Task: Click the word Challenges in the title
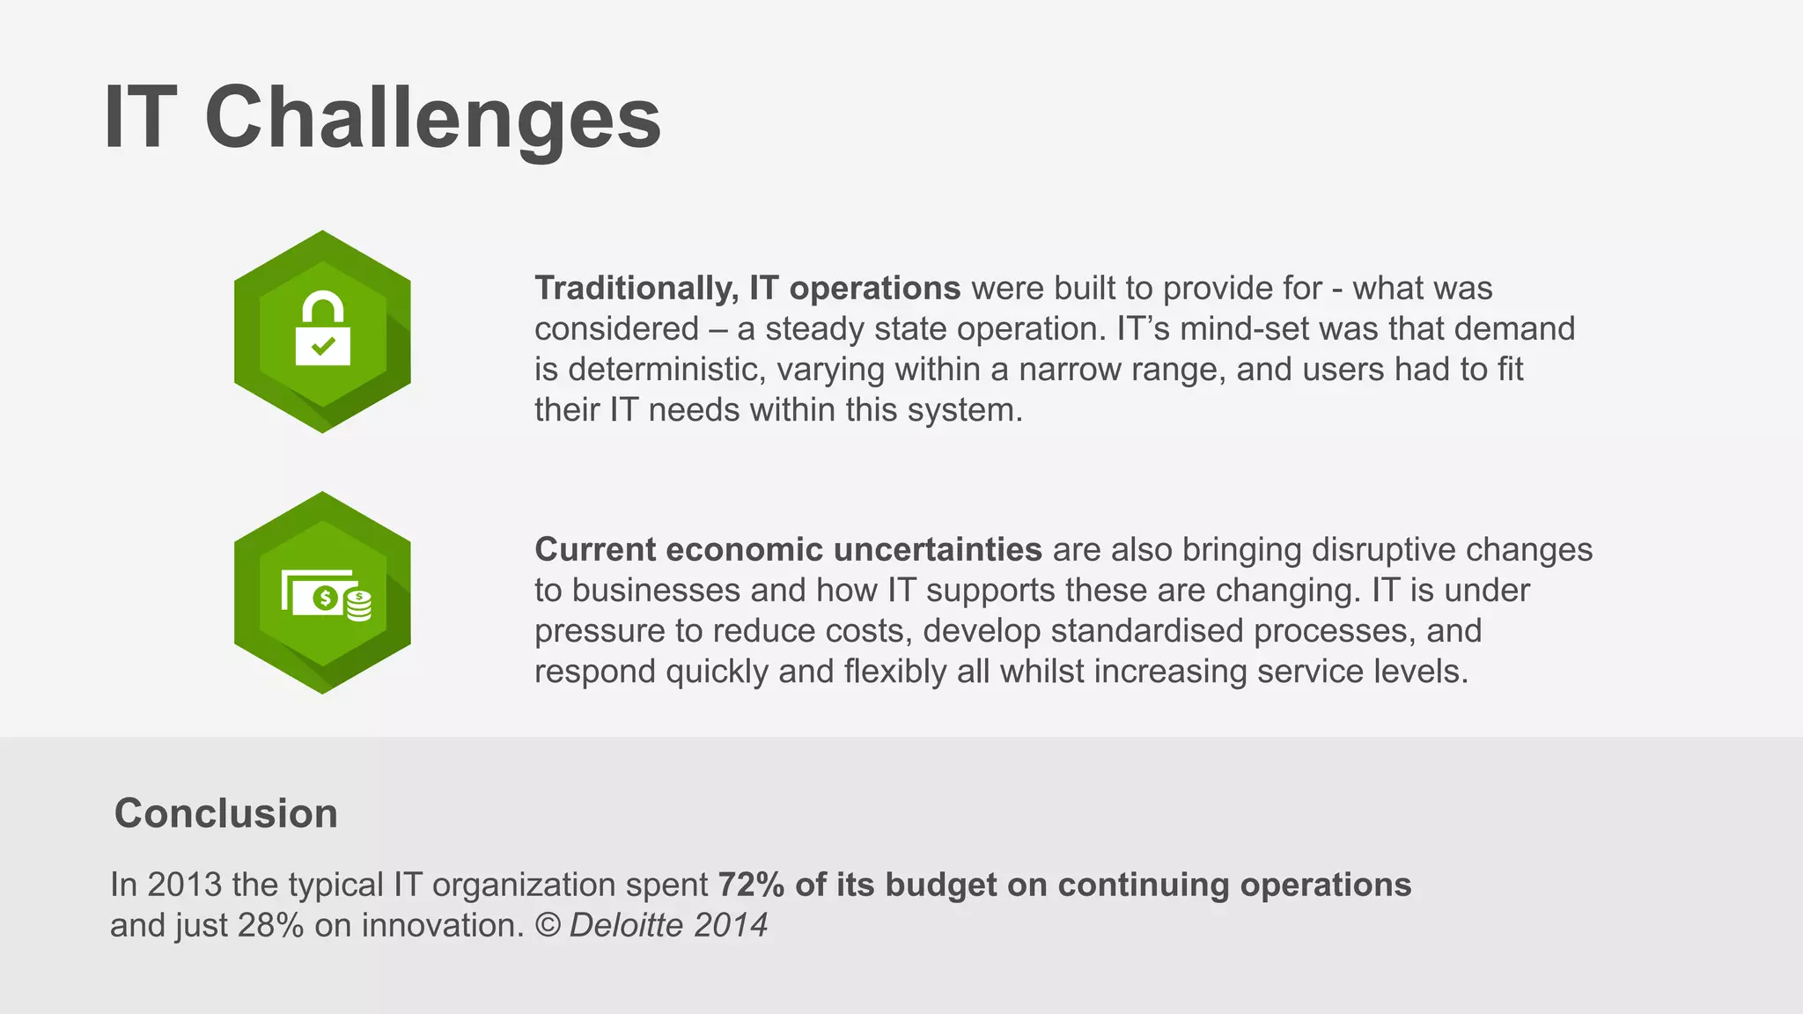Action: pos(432,119)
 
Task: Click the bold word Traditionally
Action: pos(637,289)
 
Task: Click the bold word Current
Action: pos(595,550)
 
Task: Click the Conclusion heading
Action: pos(225,813)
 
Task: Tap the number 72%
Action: pos(751,885)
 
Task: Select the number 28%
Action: pos(270,926)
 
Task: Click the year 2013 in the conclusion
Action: pos(184,885)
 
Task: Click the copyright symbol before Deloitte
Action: pos(548,926)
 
